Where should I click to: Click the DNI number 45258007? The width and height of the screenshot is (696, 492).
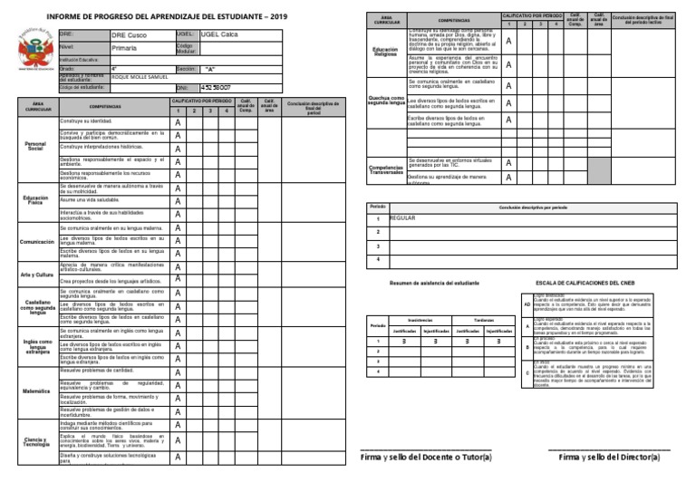pyautogui.click(x=216, y=87)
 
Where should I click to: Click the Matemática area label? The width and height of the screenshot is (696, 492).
pyautogui.click(x=36, y=391)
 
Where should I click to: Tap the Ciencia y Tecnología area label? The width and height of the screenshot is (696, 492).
pyautogui.click(x=36, y=441)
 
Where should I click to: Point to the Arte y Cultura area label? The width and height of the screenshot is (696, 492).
pyautogui.click(x=36, y=274)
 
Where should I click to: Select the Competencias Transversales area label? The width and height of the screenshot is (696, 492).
pyautogui.click(x=385, y=169)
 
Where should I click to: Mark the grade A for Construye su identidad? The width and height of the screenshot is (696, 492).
pyautogui.click(x=178, y=123)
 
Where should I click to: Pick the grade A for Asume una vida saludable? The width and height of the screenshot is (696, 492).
pyautogui.click(x=178, y=201)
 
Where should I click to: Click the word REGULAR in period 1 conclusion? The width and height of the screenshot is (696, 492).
pyautogui.click(x=401, y=219)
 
